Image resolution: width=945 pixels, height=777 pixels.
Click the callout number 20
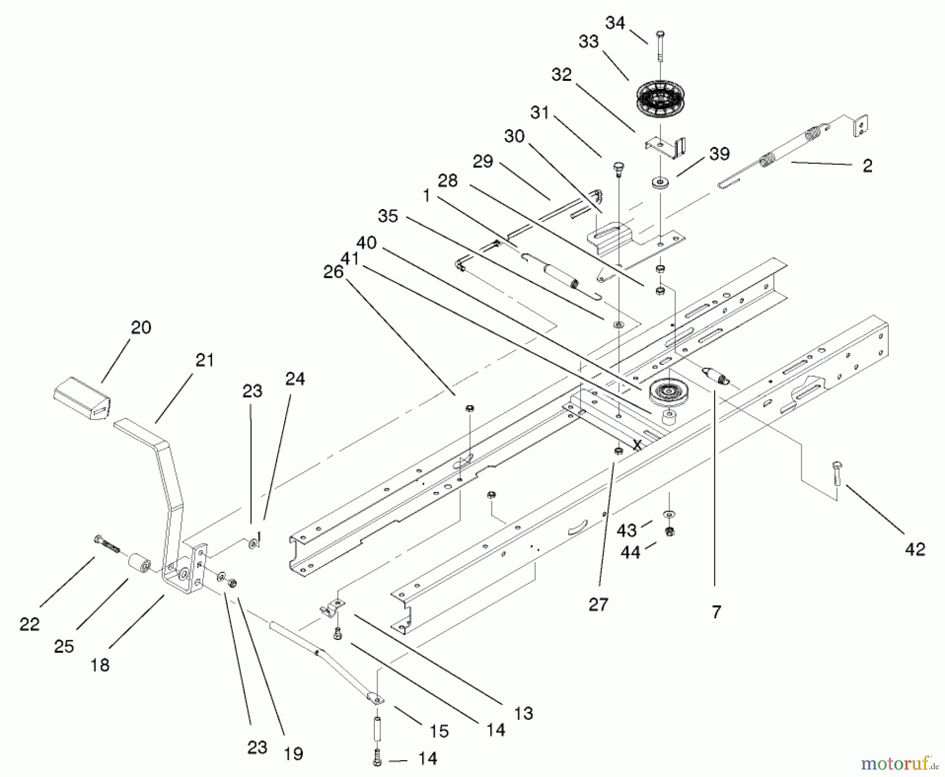(141, 328)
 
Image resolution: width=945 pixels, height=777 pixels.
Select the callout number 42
(915, 549)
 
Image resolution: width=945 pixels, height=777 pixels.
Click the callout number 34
(615, 23)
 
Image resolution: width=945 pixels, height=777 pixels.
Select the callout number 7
(717, 612)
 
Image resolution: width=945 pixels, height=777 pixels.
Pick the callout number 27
(598, 604)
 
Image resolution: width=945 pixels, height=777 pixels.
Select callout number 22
(29, 624)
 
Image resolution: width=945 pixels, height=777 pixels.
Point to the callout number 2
(867, 166)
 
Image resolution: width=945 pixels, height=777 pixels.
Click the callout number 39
(719, 154)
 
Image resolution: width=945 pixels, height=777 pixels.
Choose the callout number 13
(523, 713)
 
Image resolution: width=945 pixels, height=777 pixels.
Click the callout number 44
(630, 552)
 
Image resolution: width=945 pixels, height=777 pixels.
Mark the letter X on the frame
(637, 445)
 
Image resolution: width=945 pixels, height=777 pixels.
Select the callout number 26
(333, 272)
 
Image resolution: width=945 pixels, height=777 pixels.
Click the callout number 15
(439, 731)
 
